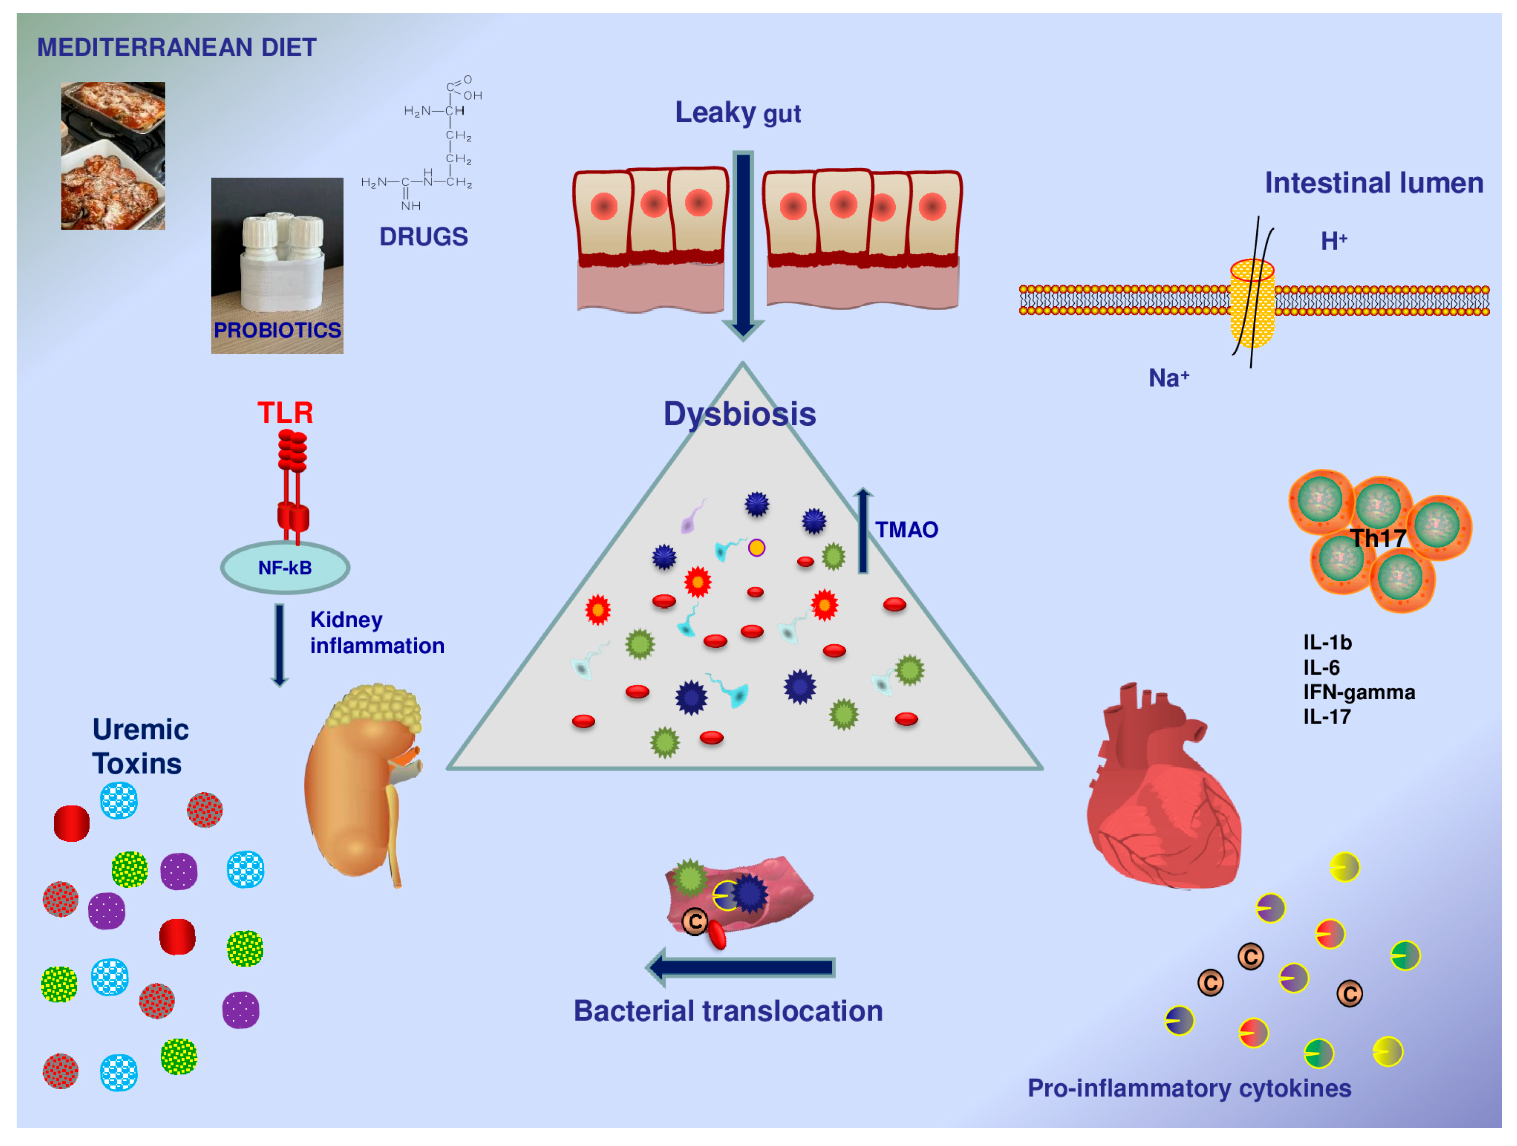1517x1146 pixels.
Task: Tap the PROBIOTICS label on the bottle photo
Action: click(277, 330)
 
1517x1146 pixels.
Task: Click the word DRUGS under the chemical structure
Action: click(423, 237)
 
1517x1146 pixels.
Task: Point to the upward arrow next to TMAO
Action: click(863, 531)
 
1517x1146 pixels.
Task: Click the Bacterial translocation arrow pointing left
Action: click(741, 967)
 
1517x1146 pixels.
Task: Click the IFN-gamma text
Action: click(1359, 692)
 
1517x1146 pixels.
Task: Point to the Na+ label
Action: click(1168, 378)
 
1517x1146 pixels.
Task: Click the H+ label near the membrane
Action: click(1333, 241)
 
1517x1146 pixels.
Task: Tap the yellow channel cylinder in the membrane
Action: click(1252, 305)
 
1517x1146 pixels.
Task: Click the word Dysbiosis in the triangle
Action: click(739, 414)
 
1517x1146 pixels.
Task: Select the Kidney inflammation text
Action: click(377, 633)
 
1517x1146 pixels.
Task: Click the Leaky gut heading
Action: click(737, 112)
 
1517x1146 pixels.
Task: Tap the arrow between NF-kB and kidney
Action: click(279, 644)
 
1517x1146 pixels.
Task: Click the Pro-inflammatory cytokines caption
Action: click(1188, 1088)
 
